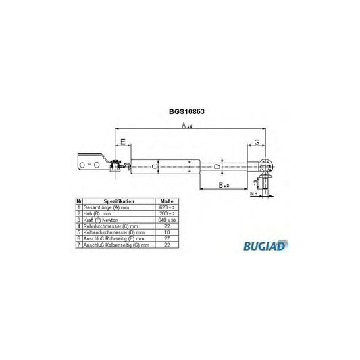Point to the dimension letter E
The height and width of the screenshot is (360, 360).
tap(122, 142)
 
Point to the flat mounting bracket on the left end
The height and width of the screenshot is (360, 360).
tap(91, 162)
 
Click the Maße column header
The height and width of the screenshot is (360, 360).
tap(165, 201)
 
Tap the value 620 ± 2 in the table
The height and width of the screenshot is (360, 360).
tap(165, 207)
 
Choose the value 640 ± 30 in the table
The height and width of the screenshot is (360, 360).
tap(165, 220)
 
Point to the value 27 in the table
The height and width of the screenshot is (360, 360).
tap(165, 238)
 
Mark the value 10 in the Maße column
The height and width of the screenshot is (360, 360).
tap(165, 232)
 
